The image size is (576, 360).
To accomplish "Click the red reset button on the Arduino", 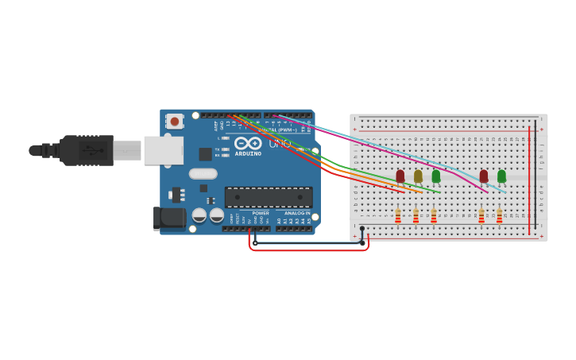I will pyautogui.click(x=174, y=122).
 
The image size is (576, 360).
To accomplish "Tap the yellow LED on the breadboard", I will pyautogui.click(x=418, y=176).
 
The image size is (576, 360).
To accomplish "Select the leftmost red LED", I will pyautogui.click(x=400, y=176).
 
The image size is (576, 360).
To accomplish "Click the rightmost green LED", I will pyautogui.click(x=501, y=176).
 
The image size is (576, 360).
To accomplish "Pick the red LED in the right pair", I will pyautogui.click(x=484, y=176).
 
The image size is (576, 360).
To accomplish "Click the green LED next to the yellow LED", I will pyautogui.click(x=436, y=176).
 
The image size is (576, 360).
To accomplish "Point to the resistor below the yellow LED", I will pyautogui.click(x=416, y=216).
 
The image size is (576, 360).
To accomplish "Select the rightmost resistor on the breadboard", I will pyautogui.click(x=499, y=216).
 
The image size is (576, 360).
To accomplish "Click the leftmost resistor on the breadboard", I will pyautogui.click(x=398, y=216).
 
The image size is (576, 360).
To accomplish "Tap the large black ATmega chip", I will pyautogui.click(x=269, y=197).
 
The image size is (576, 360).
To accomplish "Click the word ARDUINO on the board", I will pyautogui.click(x=248, y=153).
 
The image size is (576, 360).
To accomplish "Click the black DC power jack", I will pyautogui.click(x=169, y=217).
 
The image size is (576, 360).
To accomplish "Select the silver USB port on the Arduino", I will pyautogui.click(x=164, y=150).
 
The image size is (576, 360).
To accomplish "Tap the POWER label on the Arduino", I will pyautogui.click(x=261, y=213).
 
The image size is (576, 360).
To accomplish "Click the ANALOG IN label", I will pyautogui.click(x=298, y=213).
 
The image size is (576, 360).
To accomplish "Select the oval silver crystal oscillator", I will pyautogui.click(x=203, y=173).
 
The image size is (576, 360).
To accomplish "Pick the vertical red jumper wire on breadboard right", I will pyautogui.click(x=530, y=179).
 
